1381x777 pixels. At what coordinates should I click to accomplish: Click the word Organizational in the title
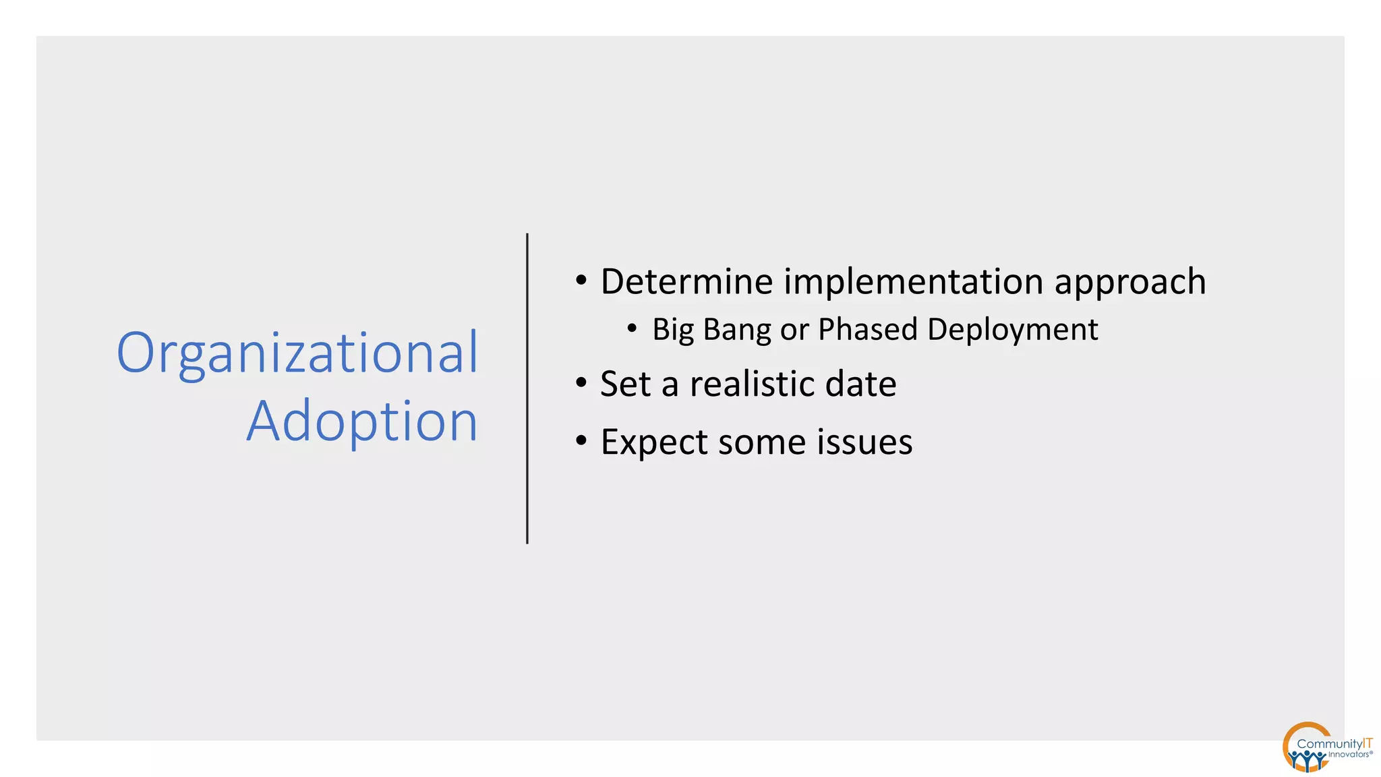tap(297, 353)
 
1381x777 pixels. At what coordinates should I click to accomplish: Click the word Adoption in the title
tap(362, 422)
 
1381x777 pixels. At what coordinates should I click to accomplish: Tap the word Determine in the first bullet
tap(686, 281)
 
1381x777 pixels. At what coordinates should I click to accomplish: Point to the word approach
tap(1130, 283)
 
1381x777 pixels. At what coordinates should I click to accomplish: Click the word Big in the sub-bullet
tap(673, 330)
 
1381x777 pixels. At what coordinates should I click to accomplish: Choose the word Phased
tap(868, 329)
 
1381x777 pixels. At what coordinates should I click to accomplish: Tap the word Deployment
tap(1012, 330)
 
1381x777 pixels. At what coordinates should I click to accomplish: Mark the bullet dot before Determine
tap(581, 281)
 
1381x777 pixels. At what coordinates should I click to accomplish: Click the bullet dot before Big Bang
tap(632, 328)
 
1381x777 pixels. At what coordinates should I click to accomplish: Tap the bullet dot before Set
tap(581, 383)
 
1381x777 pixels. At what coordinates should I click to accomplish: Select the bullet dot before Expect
tap(581, 441)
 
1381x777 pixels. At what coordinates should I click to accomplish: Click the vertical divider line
tap(527, 388)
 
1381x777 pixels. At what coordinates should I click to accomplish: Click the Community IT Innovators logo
tap(1325, 747)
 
